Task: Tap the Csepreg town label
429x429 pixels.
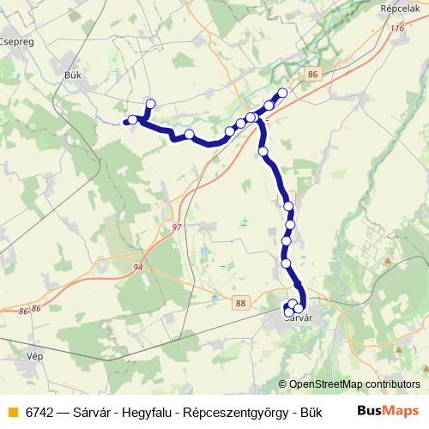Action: point(17,39)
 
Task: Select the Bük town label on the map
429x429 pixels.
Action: point(72,75)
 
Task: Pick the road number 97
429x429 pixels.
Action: point(177,227)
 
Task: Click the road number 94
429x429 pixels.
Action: point(138,268)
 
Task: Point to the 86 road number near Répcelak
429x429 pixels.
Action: point(312,75)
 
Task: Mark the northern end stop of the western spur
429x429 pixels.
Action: point(150,105)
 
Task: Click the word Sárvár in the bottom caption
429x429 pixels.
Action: point(99,411)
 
